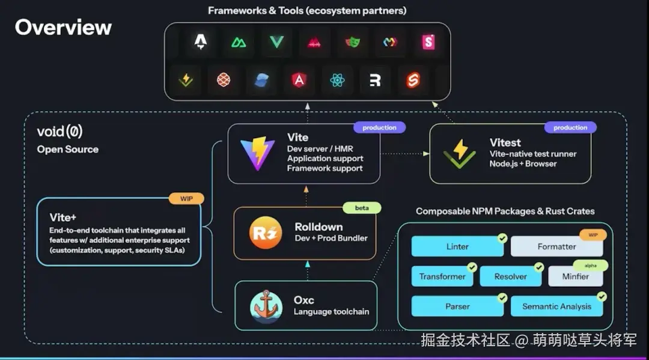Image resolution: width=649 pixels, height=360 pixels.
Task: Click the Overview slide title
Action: click(63, 27)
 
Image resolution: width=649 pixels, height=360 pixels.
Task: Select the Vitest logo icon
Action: click(459, 154)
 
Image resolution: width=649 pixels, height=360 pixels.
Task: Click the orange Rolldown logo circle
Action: click(266, 234)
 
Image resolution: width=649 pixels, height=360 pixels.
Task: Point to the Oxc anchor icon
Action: click(266, 306)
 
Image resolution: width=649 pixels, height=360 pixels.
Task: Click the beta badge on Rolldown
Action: click(362, 208)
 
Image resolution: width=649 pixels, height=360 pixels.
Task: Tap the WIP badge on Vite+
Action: click(186, 198)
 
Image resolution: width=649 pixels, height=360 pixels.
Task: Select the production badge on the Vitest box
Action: click(570, 127)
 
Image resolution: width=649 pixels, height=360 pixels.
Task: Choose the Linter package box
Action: click(457, 246)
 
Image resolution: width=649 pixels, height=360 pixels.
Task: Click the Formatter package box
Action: click(556, 246)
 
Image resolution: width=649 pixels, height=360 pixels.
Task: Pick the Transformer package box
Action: click(442, 276)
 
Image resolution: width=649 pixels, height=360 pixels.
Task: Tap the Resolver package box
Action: click(510, 276)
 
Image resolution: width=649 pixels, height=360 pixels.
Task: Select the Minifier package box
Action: click(576, 276)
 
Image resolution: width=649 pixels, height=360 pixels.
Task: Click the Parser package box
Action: click(457, 306)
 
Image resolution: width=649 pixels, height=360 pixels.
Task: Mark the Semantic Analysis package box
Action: click(556, 306)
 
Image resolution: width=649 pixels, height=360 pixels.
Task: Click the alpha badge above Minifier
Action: click(590, 265)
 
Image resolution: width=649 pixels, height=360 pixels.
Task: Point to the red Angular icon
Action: click(298, 79)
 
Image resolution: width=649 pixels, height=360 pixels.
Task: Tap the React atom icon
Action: click(337, 79)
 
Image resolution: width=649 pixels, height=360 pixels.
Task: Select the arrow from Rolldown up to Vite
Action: click(306, 195)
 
